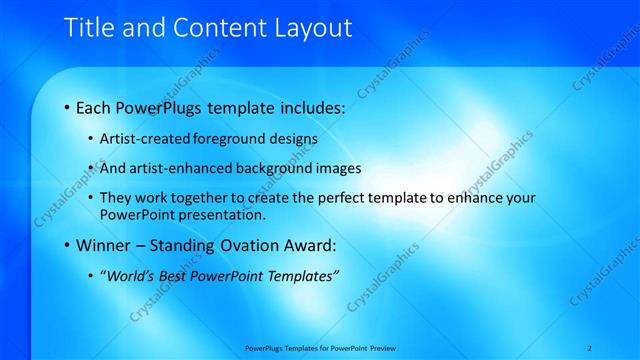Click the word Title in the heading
click(x=88, y=29)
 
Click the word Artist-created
click(x=139, y=138)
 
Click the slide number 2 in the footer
click(x=591, y=348)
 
